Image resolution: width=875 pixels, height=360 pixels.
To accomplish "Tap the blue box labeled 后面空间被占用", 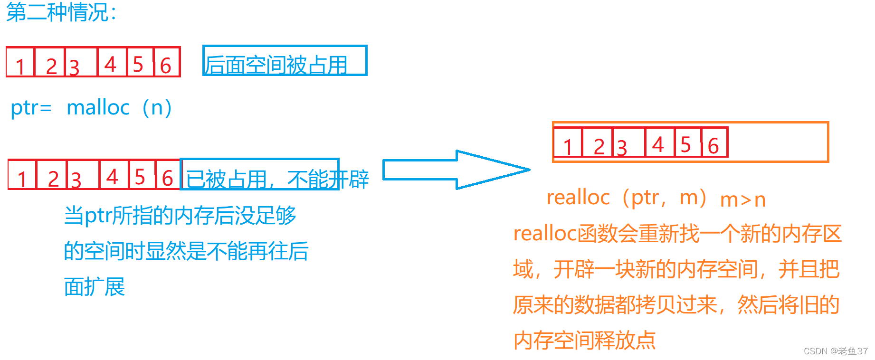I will point(285,61).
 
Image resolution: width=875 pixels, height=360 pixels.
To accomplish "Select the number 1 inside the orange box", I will point(568,146).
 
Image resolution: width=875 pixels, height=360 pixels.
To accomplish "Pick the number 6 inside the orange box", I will point(713,146).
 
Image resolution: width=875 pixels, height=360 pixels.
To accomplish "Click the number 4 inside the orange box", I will point(658,144).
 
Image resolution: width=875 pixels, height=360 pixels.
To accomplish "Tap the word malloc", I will point(98,108).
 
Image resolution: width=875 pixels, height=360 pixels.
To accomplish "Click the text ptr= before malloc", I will point(31,108).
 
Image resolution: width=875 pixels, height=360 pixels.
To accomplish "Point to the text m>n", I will point(743,200).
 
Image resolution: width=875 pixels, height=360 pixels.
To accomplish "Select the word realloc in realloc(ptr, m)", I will point(578,197).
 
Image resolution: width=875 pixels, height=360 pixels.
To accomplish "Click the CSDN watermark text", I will point(835,351).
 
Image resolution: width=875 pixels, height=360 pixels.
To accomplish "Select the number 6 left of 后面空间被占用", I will point(165,66).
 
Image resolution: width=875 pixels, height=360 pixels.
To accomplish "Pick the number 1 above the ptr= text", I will point(20,66).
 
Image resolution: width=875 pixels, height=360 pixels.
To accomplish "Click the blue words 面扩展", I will point(95,287).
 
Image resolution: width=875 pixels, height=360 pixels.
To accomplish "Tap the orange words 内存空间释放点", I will point(584,340).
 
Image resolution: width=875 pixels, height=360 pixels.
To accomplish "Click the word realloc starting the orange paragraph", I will point(544,234).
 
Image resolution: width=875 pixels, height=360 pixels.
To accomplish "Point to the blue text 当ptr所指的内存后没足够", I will point(180,216).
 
